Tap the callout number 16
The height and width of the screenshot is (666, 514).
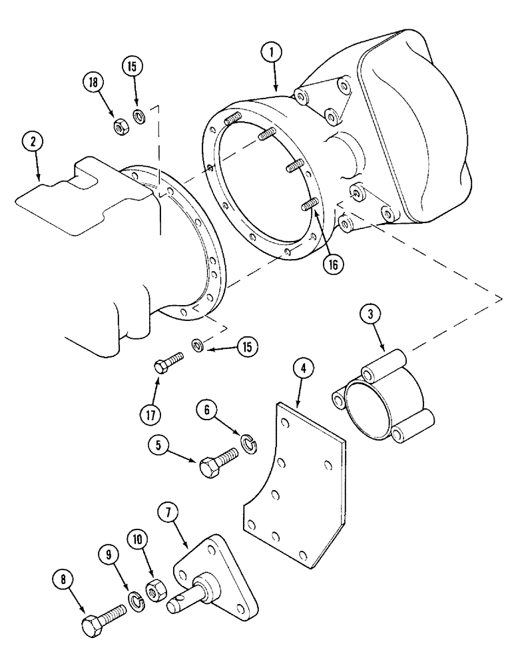331,264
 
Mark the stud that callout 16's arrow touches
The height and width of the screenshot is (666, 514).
307,205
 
